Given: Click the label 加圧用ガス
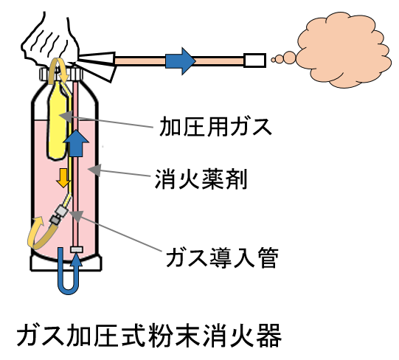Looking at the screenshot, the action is [215, 127].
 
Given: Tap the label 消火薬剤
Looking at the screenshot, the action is [201, 179].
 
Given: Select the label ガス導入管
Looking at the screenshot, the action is [222, 257].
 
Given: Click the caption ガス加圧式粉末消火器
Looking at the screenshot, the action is [149, 336].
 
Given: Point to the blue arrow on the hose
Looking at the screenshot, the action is [180, 61].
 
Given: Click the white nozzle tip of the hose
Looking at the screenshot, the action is [255, 60].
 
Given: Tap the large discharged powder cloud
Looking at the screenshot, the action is [344, 49].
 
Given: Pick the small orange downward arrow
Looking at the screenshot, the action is [63, 178].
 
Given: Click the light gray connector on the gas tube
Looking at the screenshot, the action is [62, 211].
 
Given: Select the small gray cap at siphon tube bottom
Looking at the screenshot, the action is [77, 249].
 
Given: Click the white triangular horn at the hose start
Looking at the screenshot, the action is [97, 66].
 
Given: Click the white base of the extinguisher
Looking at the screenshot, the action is [66, 263].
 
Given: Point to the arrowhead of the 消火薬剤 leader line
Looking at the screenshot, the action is [94, 170].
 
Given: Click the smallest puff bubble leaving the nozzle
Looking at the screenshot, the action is [274, 60].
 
